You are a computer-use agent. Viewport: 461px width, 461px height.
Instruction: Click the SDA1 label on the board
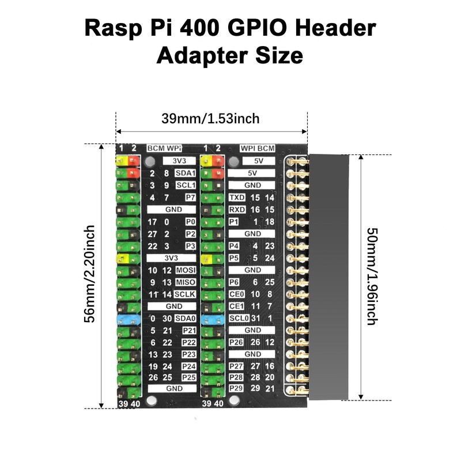(186, 173)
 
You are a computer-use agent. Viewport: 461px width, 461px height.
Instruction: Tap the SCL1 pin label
(186, 186)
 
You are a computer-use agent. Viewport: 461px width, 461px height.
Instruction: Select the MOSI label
(186, 270)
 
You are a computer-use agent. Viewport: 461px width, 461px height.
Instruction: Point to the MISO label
(186, 282)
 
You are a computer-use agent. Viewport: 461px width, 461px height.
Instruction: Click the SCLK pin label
(186, 294)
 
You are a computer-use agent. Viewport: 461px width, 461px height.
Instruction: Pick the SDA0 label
(186, 319)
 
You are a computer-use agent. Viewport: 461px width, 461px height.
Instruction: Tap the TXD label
(237, 198)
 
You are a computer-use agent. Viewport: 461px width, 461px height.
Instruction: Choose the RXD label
(237, 210)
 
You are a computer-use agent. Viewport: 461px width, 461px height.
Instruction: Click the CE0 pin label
(236, 294)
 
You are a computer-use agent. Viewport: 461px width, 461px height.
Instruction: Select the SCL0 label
(239, 319)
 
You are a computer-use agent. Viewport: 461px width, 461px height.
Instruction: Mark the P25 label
(189, 377)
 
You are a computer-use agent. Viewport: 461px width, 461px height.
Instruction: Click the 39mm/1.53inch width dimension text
(210, 119)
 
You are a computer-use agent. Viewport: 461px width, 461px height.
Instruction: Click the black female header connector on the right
(328, 277)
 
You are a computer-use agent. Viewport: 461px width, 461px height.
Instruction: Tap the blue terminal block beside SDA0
(128, 319)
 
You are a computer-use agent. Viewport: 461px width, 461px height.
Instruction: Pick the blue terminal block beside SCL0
(212, 319)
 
